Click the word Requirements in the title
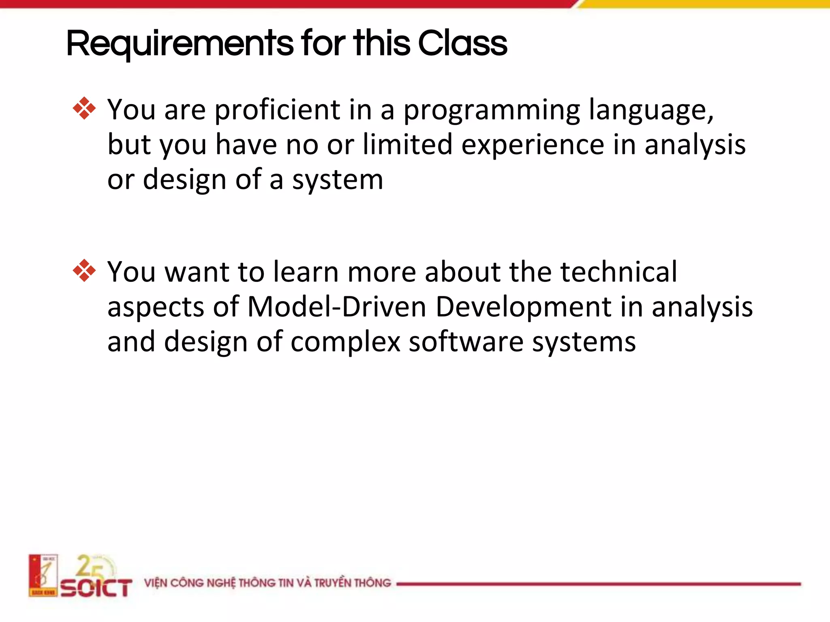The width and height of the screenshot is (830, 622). click(180, 44)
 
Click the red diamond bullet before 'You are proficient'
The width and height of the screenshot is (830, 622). click(84, 108)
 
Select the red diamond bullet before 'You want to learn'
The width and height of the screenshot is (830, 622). click(84, 270)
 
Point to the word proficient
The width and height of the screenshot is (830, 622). click(277, 110)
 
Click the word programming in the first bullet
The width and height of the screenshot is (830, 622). click(492, 110)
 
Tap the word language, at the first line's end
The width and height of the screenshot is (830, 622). click(651, 110)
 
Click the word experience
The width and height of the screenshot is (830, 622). click(533, 145)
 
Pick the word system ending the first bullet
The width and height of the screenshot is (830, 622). click(337, 180)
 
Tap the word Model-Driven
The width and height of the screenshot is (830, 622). click(336, 307)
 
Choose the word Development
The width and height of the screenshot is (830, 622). click(523, 307)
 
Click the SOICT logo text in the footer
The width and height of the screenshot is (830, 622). click(96, 588)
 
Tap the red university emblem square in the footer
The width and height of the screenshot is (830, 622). click(43, 575)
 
